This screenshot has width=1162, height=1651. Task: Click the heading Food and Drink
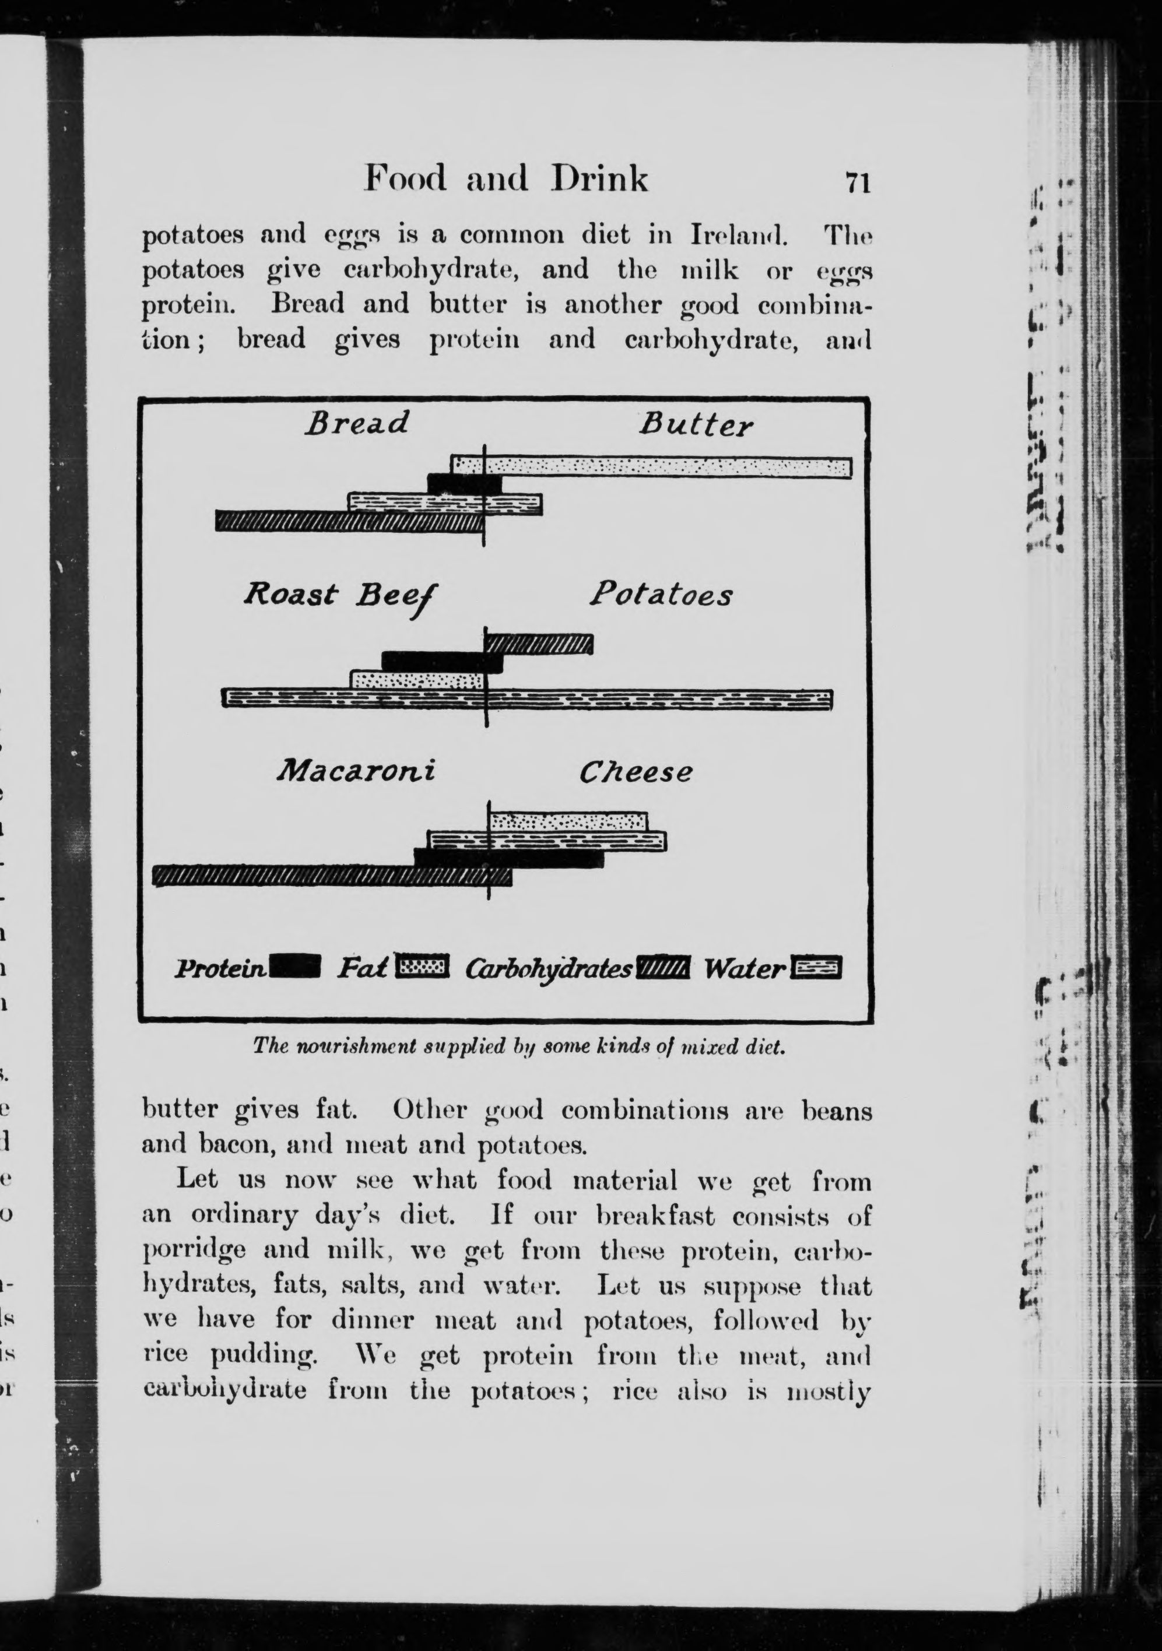(506, 179)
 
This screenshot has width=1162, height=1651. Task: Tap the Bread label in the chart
(357, 423)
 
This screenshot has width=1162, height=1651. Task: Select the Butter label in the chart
(696, 426)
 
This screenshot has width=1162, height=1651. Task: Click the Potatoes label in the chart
(661, 595)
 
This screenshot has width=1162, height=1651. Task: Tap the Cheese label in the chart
(636, 772)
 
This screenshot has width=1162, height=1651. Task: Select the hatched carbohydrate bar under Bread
(349, 521)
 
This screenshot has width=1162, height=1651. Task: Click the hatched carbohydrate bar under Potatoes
(540, 644)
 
